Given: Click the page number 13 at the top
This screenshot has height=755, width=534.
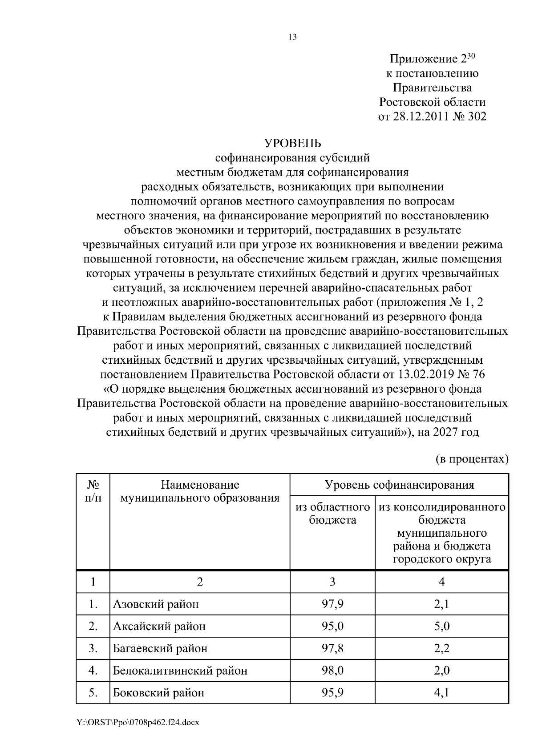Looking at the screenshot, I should click(292, 37).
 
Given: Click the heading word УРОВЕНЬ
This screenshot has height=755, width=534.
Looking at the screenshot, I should click(292, 143).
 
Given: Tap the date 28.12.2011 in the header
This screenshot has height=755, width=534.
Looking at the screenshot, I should click(419, 116).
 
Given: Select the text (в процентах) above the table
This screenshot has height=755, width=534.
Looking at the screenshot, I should click(471, 459).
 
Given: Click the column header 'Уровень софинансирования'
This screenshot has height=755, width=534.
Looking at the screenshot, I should click(399, 485).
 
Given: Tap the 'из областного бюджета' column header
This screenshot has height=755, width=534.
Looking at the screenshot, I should click(332, 513).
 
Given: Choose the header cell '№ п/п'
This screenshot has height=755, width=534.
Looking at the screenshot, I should click(93, 491).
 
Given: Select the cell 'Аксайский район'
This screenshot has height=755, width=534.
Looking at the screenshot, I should click(159, 626).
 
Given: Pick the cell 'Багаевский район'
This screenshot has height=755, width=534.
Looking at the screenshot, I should click(160, 648).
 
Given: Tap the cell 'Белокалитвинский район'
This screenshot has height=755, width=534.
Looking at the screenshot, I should click(180, 671).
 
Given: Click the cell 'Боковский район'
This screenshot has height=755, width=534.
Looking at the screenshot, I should click(158, 693).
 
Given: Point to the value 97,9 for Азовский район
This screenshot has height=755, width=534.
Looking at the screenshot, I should click(332, 604).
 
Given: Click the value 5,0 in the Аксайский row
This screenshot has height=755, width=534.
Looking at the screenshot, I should click(442, 626).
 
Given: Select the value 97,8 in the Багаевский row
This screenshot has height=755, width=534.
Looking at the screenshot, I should click(332, 648).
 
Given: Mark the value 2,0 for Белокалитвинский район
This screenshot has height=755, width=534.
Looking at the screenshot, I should click(442, 671).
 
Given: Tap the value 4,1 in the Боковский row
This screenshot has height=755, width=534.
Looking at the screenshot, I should click(442, 693).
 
